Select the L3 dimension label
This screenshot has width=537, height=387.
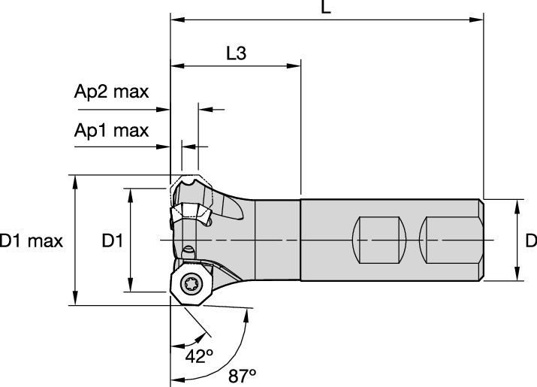click(237, 53)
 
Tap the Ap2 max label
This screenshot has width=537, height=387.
click(112, 92)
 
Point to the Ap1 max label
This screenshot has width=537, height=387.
click(112, 131)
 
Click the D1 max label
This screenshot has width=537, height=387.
click(31, 240)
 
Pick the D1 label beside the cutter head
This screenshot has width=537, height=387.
click(113, 240)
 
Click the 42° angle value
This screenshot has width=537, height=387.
click(199, 356)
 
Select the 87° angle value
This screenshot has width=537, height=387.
click(243, 376)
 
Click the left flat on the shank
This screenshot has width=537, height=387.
click(379, 240)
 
